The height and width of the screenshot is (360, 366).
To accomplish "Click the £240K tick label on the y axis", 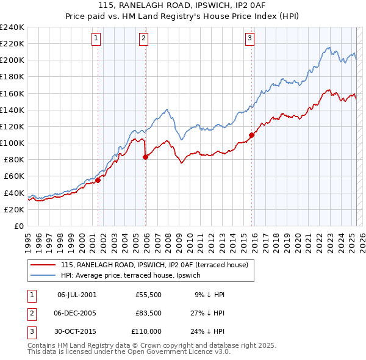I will coord(12,27).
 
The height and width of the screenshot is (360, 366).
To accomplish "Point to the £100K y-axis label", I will coord(12,143).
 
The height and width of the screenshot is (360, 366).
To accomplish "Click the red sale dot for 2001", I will coord(98,180).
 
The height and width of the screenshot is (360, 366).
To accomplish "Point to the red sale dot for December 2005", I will coord(145,157).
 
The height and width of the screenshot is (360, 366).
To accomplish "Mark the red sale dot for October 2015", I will coord(251,135).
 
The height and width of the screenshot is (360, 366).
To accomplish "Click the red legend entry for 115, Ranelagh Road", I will coord(154,265).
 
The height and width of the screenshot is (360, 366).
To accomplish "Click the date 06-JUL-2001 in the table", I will coord(76,295).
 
